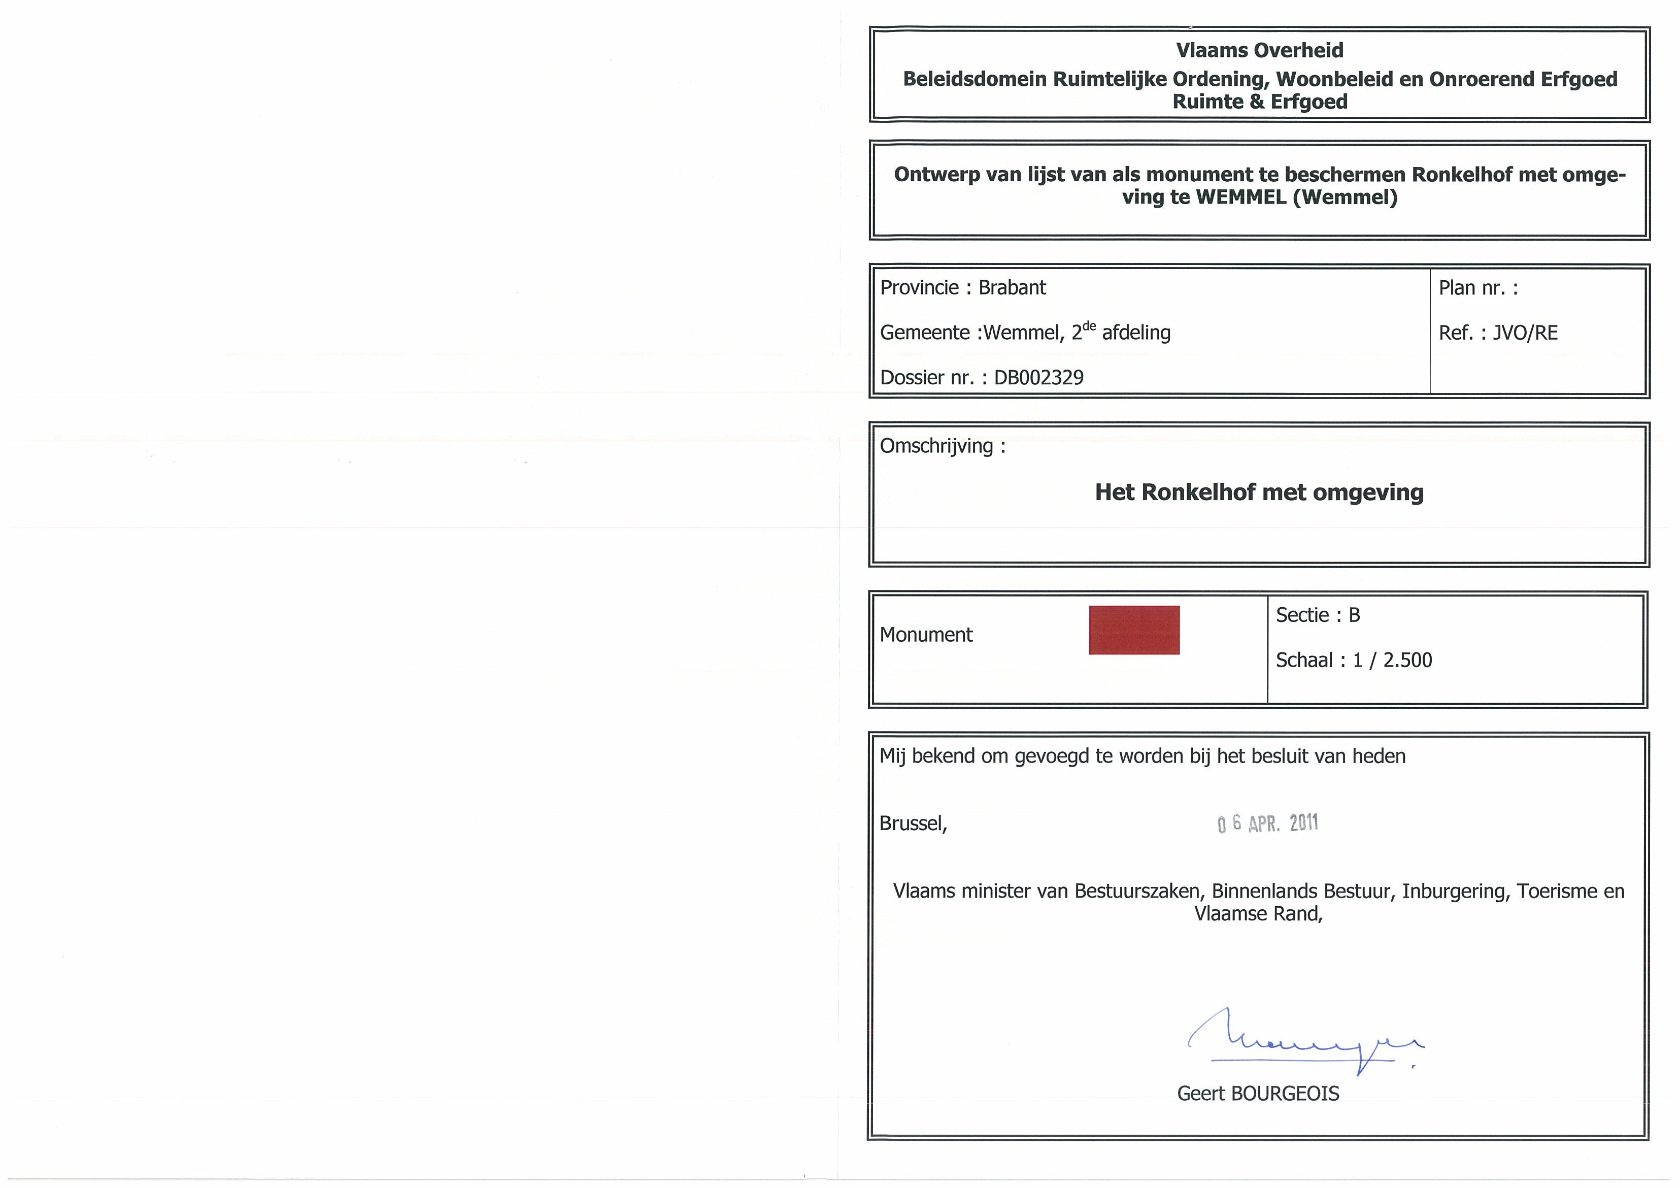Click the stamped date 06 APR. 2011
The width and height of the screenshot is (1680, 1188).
click(x=1267, y=823)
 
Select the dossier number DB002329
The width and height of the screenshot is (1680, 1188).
click(x=1038, y=378)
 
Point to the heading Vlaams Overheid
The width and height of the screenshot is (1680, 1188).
click(x=1259, y=50)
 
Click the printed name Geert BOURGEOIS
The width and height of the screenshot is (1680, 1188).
click(x=1258, y=1094)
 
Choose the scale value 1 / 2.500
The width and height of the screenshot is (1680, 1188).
click(x=1392, y=660)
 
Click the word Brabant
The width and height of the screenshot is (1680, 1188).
click(x=1012, y=288)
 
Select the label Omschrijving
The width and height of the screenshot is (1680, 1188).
click(x=936, y=446)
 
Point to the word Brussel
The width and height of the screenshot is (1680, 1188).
click(x=913, y=823)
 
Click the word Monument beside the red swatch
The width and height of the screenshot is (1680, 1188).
click(x=926, y=635)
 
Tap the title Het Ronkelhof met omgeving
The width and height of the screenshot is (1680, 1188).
click(x=1259, y=492)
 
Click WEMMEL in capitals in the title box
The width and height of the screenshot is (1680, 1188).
click(x=1240, y=197)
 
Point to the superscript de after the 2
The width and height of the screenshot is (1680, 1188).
click(x=1090, y=326)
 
